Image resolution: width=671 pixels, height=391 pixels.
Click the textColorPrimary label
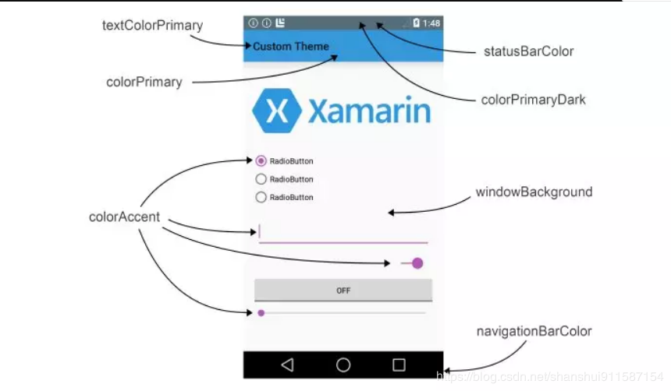(152, 26)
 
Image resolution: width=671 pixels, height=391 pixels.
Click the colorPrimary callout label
(144, 82)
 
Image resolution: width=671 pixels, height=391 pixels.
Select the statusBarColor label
(529, 51)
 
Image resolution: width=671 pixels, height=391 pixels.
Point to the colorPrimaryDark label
(533, 100)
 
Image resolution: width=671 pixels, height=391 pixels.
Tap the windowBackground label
(534, 192)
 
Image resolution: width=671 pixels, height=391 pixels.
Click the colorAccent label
(124, 217)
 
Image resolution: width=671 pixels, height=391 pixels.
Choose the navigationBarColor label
(534, 331)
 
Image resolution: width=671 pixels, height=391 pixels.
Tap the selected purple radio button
(261, 161)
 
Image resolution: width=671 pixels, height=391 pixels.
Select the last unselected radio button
(261, 197)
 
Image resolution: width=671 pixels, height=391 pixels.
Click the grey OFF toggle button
(343, 291)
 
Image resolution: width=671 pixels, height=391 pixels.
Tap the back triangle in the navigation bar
(287, 365)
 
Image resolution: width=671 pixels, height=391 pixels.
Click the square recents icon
(399, 365)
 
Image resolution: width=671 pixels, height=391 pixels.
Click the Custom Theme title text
(291, 47)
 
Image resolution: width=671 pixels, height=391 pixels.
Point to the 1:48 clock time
(431, 23)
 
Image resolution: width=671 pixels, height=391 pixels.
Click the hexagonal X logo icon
(276, 111)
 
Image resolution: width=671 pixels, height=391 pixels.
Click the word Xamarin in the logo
(369, 111)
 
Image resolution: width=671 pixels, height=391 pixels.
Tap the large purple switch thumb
(417, 263)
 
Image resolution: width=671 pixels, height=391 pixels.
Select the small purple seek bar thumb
(261, 313)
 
